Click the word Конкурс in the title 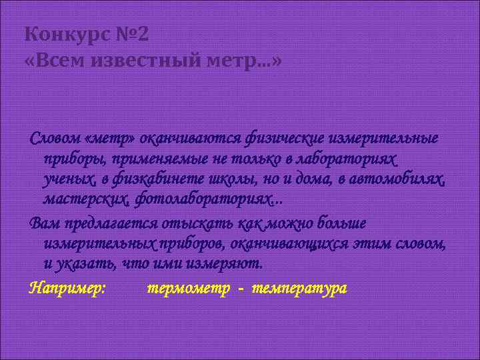59,34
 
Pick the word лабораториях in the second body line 355,159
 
